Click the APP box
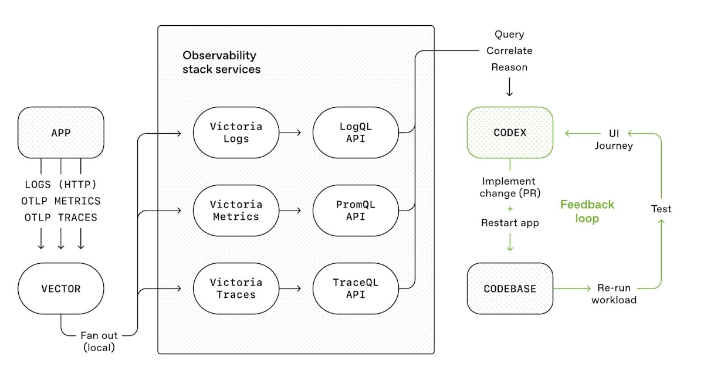coord(61,133)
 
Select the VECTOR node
coord(61,288)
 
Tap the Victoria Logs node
coord(236,133)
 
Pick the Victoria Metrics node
coord(236,211)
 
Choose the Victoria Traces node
coord(236,288)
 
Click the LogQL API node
coord(356,133)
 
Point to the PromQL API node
coord(356,211)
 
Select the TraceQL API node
coord(356,288)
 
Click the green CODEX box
coord(510,133)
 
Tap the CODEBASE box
coord(510,288)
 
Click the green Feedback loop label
coord(587,211)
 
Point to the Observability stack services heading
coord(221,62)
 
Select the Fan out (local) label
coord(99,341)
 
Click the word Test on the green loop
coord(661,209)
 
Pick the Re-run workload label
coord(613,294)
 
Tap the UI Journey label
coord(613,140)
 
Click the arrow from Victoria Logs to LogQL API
coord(290,133)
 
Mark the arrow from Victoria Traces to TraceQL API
coord(290,288)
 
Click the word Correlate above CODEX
coord(509,51)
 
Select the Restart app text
coord(509,223)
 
